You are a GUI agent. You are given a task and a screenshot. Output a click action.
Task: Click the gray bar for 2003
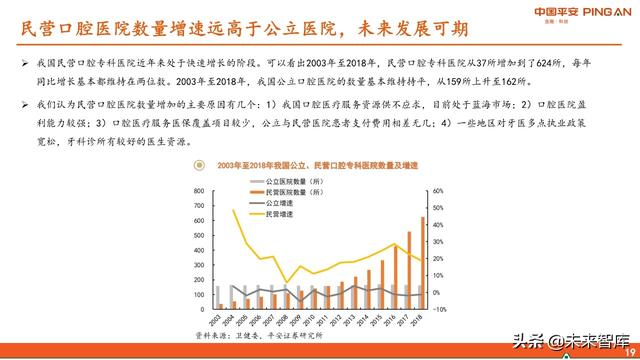217,297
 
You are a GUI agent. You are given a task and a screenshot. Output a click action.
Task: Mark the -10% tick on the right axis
441,307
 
